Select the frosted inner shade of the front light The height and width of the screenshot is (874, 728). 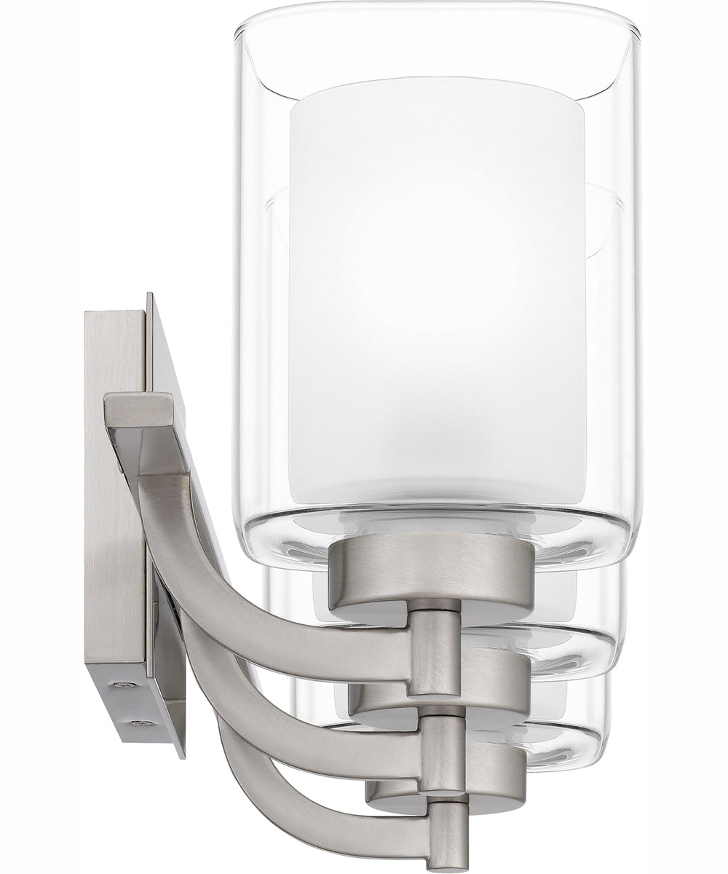tap(437, 291)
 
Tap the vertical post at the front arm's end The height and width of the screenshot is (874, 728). tap(434, 652)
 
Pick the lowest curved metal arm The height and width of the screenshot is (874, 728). tap(291, 801)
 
